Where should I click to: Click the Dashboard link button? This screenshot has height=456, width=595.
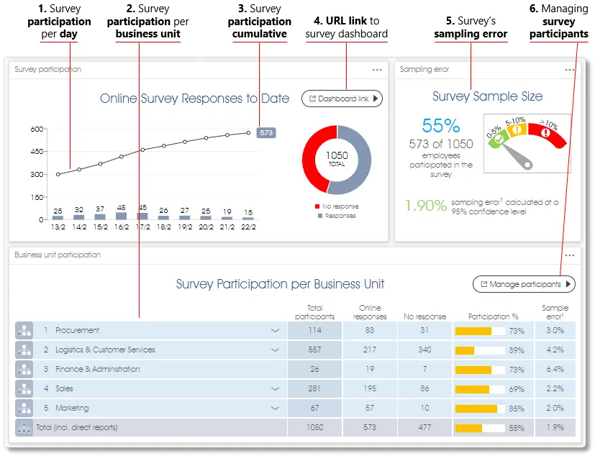342,99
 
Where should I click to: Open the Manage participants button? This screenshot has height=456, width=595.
524,284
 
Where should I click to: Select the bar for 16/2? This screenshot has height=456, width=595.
122,215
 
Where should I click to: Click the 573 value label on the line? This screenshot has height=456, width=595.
266,132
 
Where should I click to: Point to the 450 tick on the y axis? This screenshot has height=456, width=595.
37,152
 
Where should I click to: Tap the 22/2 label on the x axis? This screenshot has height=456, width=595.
247,226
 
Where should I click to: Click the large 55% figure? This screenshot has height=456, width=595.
440,126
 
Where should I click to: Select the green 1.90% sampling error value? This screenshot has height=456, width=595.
425,206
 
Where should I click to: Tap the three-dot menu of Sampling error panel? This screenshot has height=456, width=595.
569,70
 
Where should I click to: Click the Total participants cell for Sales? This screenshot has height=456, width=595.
314,389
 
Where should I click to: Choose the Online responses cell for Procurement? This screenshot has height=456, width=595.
370,331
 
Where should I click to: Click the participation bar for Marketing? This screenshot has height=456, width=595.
476,409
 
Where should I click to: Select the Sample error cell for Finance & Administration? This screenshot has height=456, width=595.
555,370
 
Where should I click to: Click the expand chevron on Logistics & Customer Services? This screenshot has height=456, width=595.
274,350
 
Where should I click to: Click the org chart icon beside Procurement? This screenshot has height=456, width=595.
24,331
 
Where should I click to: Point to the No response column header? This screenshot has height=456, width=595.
424,316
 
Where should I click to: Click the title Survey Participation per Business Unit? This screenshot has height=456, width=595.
280,284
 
